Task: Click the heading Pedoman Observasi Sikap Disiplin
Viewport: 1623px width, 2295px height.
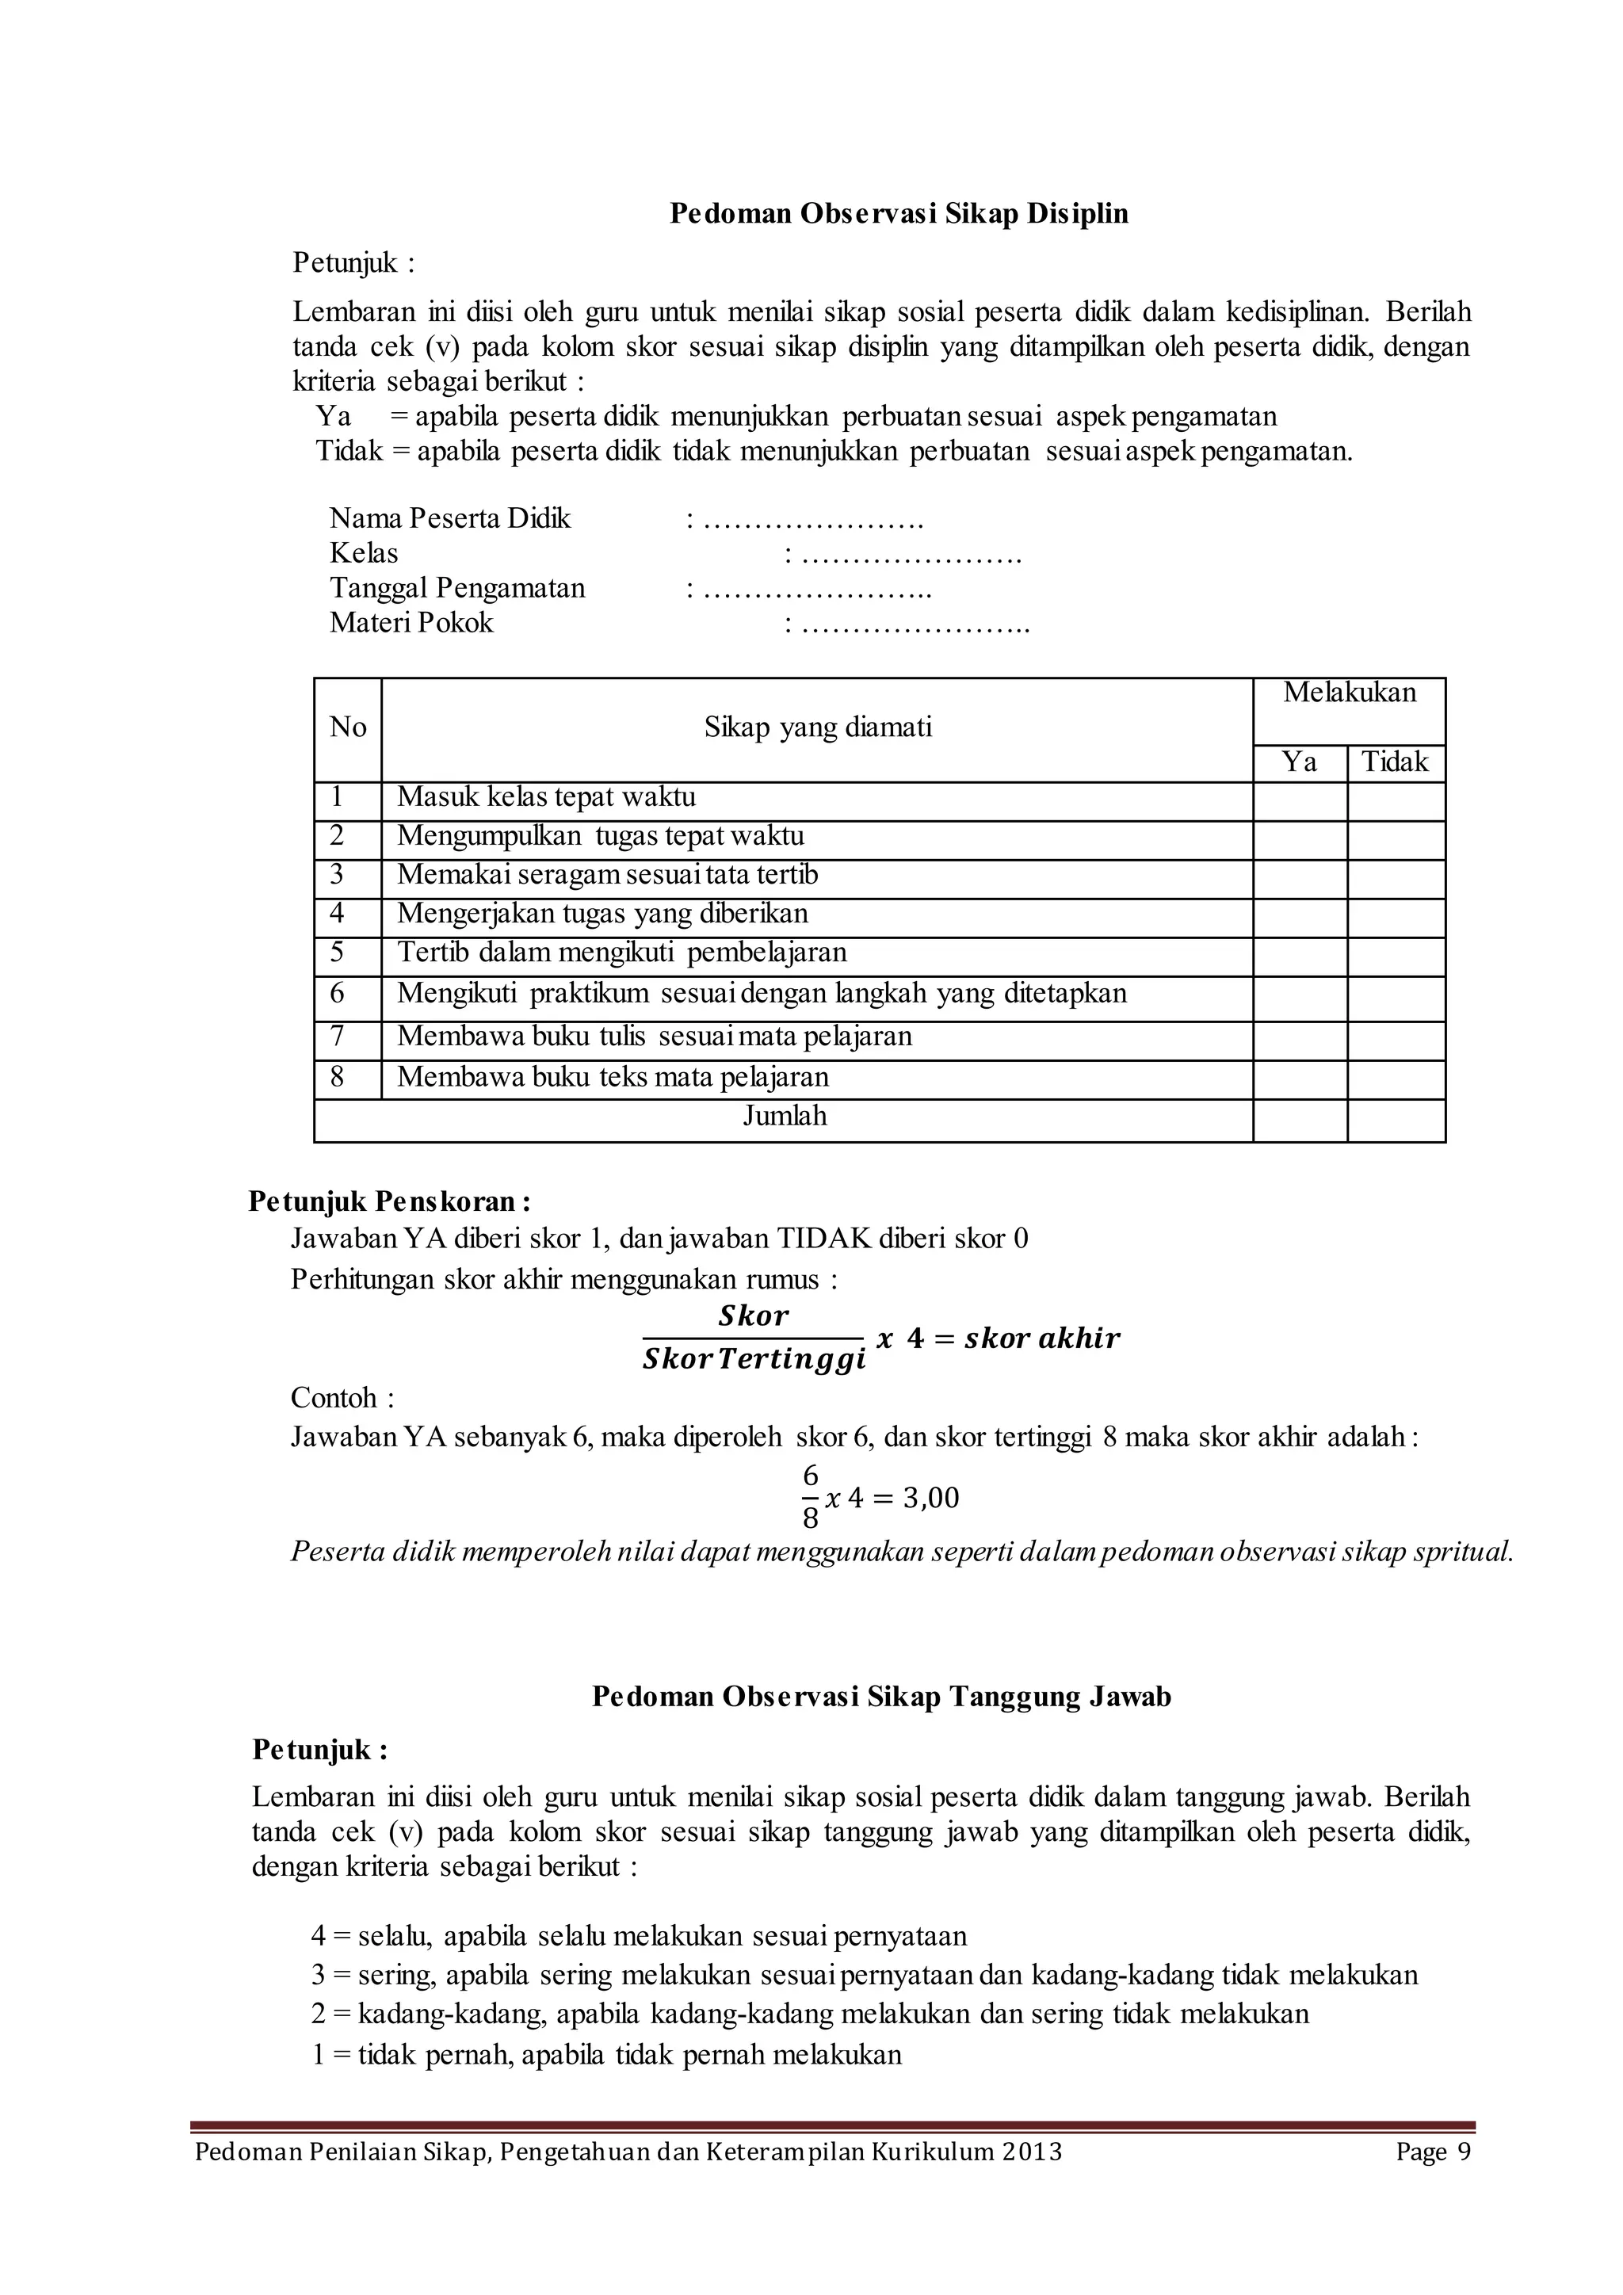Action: click(899, 214)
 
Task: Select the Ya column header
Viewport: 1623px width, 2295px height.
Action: click(1298, 762)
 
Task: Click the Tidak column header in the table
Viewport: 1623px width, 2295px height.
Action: click(1395, 762)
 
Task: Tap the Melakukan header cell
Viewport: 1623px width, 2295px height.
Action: click(1348, 693)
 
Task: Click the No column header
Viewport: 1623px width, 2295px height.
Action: click(347, 727)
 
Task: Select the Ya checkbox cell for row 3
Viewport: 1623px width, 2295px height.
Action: click(1299, 879)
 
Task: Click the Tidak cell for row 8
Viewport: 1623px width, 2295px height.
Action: click(1395, 1079)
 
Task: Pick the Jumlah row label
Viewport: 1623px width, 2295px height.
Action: click(785, 1117)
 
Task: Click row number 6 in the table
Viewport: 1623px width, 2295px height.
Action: click(337, 994)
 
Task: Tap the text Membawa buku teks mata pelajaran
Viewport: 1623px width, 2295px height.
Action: click(613, 1078)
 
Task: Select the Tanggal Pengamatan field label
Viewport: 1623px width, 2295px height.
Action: click(458, 588)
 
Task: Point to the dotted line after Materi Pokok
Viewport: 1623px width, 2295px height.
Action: click(915, 624)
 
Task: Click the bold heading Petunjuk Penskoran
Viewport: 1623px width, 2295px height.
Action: click(390, 1201)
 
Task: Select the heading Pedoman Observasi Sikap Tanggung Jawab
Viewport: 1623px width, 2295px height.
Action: click(880, 1697)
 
